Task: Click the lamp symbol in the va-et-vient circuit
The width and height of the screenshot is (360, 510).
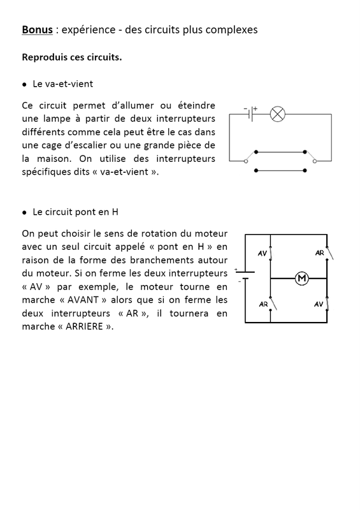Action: click(277, 114)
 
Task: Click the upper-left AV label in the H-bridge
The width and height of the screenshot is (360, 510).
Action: click(263, 254)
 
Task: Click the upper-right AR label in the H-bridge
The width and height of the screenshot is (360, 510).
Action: click(320, 253)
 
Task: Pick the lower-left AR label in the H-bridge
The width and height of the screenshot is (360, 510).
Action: click(263, 304)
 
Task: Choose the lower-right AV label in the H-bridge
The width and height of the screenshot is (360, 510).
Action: click(319, 304)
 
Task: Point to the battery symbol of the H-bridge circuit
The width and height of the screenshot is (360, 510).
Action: click(245, 275)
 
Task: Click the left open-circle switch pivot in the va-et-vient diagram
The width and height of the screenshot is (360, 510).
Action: click(247, 161)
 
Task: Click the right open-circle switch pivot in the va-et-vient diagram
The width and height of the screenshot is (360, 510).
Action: click(314, 161)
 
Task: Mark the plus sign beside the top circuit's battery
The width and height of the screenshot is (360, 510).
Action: click(256, 108)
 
